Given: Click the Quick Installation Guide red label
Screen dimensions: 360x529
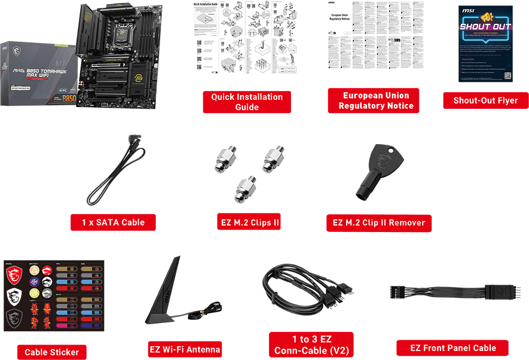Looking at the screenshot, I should (247, 102).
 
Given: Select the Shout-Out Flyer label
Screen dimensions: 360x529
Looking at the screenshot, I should (485, 100).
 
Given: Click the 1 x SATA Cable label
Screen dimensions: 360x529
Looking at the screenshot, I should (114, 222).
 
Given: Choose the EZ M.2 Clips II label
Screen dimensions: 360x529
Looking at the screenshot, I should (249, 222).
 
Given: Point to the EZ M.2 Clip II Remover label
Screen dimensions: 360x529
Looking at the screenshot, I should (379, 222).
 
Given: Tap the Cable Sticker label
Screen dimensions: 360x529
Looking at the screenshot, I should (51, 352).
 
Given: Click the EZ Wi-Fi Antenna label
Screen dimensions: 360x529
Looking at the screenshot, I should (185, 349).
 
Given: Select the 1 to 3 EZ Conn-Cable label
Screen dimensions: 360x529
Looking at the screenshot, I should (311, 345).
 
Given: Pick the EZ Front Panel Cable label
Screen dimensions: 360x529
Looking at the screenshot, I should (452, 348).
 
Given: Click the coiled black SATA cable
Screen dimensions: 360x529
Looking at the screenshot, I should (117, 173).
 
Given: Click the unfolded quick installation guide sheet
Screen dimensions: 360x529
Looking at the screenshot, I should (244, 37).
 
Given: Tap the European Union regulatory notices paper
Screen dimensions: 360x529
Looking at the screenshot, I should (376, 34).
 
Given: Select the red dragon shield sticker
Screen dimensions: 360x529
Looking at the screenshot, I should (15, 275).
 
